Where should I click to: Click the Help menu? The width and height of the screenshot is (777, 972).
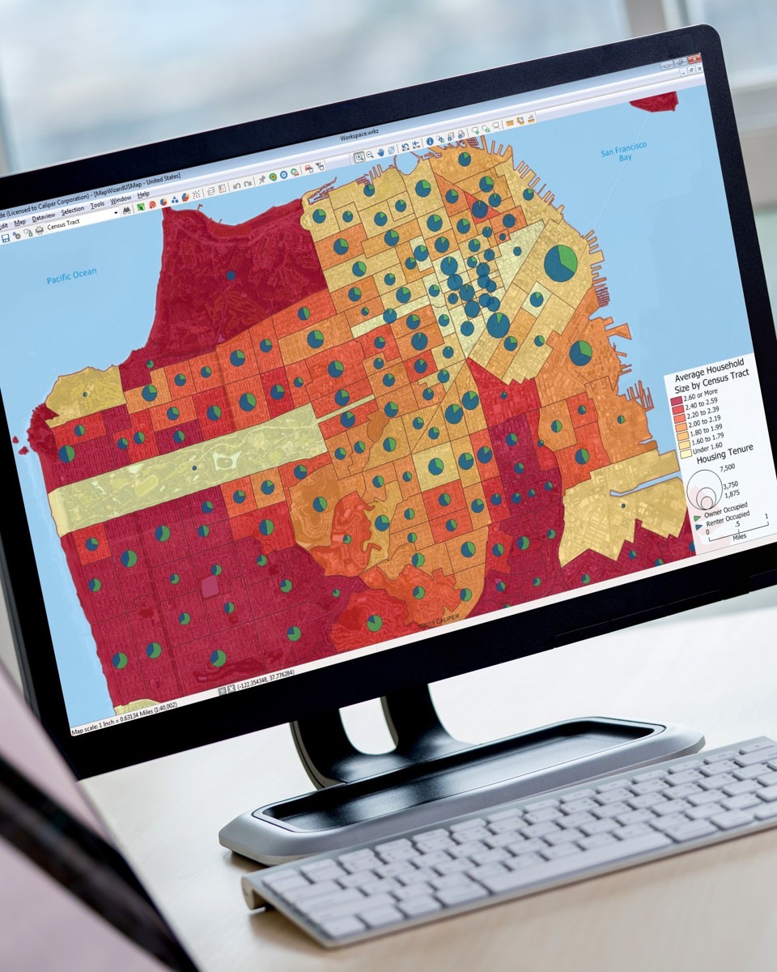pos(143,195)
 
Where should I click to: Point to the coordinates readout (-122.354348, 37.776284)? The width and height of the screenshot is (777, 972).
pos(267,689)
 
